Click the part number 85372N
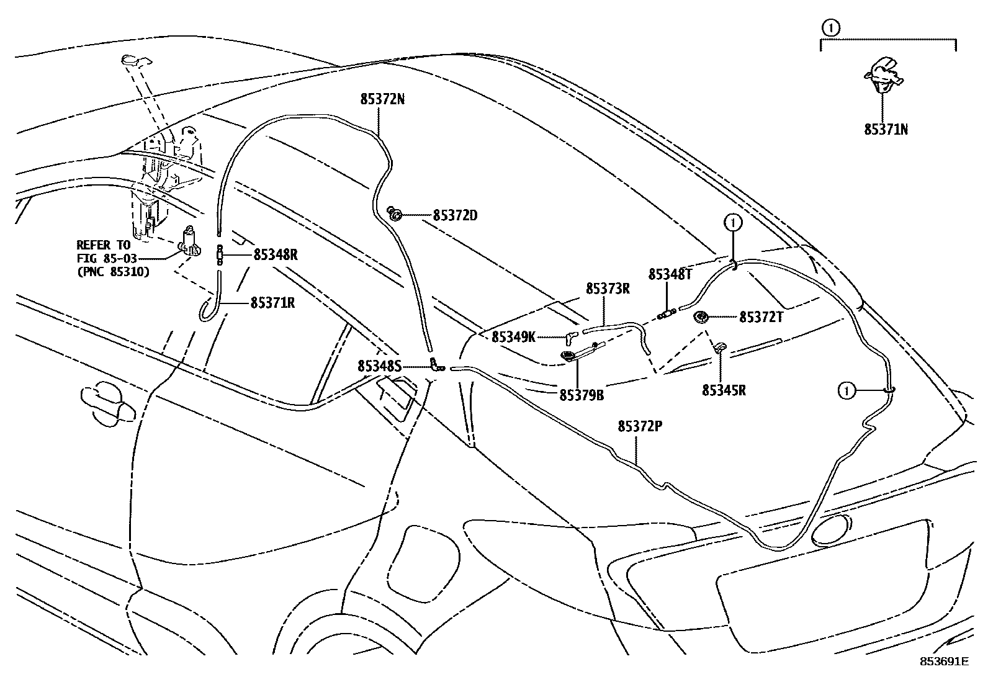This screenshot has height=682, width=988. pos(382,99)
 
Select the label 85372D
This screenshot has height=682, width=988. pos(455,216)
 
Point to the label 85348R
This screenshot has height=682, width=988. pos(275,254)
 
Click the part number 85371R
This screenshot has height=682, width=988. pos(272,303)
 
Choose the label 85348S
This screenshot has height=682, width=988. pos(379,366)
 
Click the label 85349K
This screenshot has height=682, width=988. pos(513,337)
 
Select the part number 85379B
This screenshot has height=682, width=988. pos(582,395)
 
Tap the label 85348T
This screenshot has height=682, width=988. pos(670,274)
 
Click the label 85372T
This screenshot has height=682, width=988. pos(761,317)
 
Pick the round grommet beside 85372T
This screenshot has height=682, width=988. pos(701,317)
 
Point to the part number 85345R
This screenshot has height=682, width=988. pos(724,390)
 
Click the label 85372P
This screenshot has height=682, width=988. pos(640,427)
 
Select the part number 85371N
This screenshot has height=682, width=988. pos(886,130)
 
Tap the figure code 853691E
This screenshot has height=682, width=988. pos(944,662)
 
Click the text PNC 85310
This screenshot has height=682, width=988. pos(113,271)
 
